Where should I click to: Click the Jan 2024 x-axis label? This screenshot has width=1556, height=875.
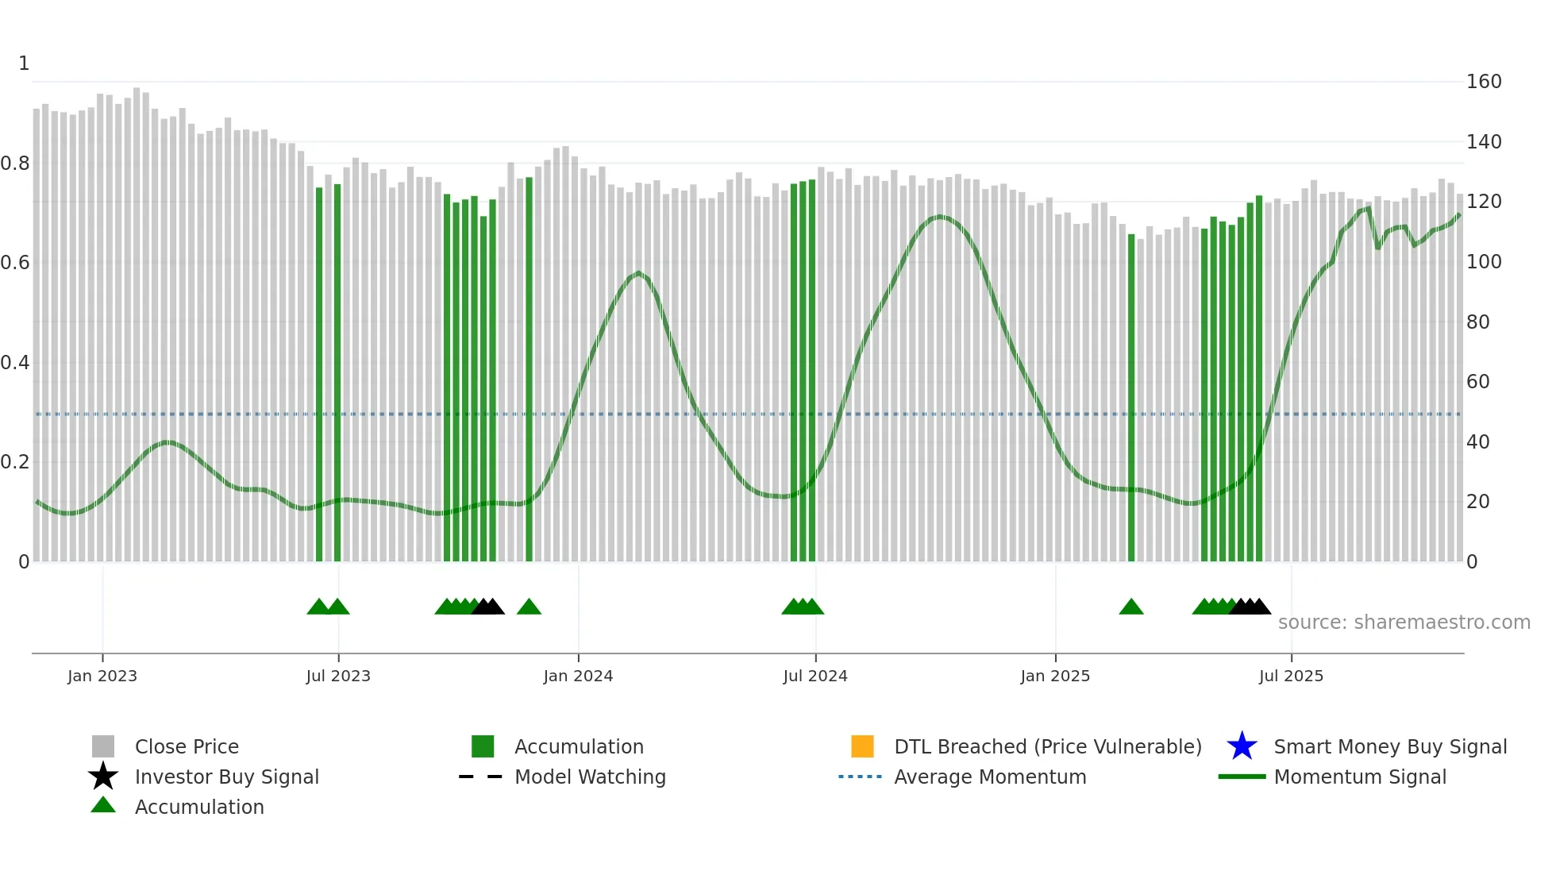tap(578, 676)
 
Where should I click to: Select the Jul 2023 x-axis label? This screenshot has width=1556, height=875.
tap(338, 676)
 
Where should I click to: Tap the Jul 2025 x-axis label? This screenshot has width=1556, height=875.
tap(1291, 676)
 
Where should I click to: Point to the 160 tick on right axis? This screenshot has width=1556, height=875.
tap(1483, 82)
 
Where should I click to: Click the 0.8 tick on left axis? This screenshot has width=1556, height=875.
tap(15, 164)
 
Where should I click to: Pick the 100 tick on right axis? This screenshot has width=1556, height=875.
tap(1483, 262)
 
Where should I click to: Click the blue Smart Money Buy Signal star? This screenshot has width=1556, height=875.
tap(1242, 746)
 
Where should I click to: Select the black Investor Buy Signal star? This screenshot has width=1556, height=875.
tap(103, 777)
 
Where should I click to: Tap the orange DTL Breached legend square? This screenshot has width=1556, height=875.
tap(862, 746)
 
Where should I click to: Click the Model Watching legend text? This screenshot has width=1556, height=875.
tap(590, 777)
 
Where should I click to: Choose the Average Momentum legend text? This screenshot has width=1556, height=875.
tap(990, 777)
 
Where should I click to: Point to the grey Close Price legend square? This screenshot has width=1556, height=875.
tap(103, 746)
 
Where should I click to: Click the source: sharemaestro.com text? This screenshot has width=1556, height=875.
tap(1404, 622)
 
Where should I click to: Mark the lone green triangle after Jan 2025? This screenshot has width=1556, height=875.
tap(1130, 607)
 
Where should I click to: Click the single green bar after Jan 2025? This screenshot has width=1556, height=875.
tap(1131, 397)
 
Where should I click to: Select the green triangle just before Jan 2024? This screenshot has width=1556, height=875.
tap(529, 607)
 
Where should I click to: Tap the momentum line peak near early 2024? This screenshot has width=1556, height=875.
tap(638, 273)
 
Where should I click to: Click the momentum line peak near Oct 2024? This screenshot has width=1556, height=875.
tap(940, 216)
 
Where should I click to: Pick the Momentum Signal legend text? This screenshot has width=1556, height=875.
tap(1360, 777)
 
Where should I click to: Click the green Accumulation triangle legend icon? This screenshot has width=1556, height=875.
tap(103, 805)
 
